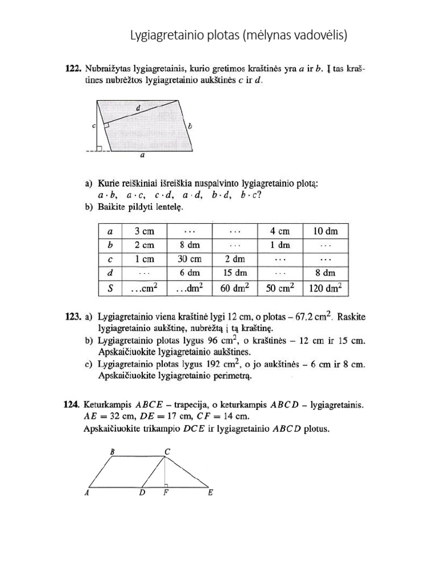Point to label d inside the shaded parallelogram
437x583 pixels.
138,108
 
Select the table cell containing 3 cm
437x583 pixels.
144,231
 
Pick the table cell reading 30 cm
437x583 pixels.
189,259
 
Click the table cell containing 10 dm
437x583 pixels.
325,231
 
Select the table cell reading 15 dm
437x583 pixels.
234,273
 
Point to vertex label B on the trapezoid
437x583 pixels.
112,451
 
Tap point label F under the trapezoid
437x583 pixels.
166,494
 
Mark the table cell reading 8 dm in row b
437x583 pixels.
189,245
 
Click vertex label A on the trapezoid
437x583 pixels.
86,493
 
